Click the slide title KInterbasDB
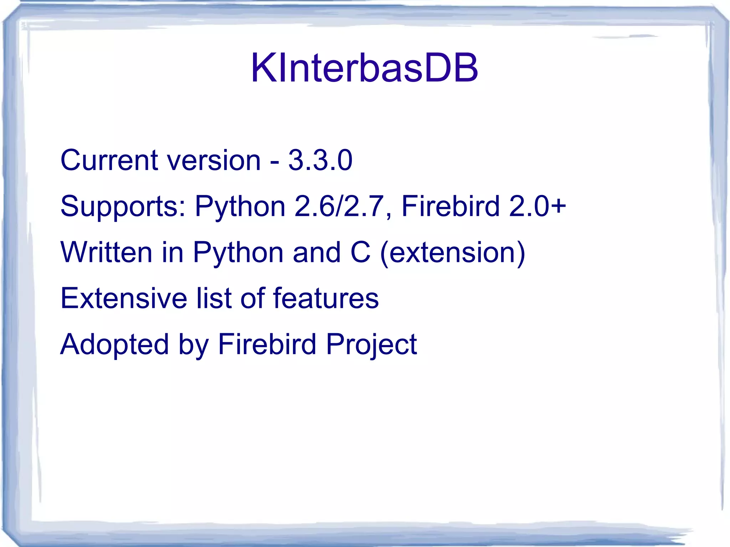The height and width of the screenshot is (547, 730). (x=364, y=68)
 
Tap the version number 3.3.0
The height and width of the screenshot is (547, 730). (x=320, y=160)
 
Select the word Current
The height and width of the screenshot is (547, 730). (x=109, y=160)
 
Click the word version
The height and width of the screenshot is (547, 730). (x=214, y=160)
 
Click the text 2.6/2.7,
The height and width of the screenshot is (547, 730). (x=343, y=206)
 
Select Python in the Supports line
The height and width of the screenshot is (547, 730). (x=240, y=207)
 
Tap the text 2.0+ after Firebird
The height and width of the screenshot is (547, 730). (x=538, y=206)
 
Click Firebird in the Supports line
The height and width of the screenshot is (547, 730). (x=450, y=206)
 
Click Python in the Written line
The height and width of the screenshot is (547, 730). (x=238, y=253)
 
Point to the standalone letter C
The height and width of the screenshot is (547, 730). (x=360, y=252)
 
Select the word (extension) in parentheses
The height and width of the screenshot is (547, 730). (x=453, y=252)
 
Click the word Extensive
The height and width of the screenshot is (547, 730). (x=124, y=298)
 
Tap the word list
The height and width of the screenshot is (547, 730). (x=214, y=298)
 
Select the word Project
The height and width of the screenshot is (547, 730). (x=371, y=345)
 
